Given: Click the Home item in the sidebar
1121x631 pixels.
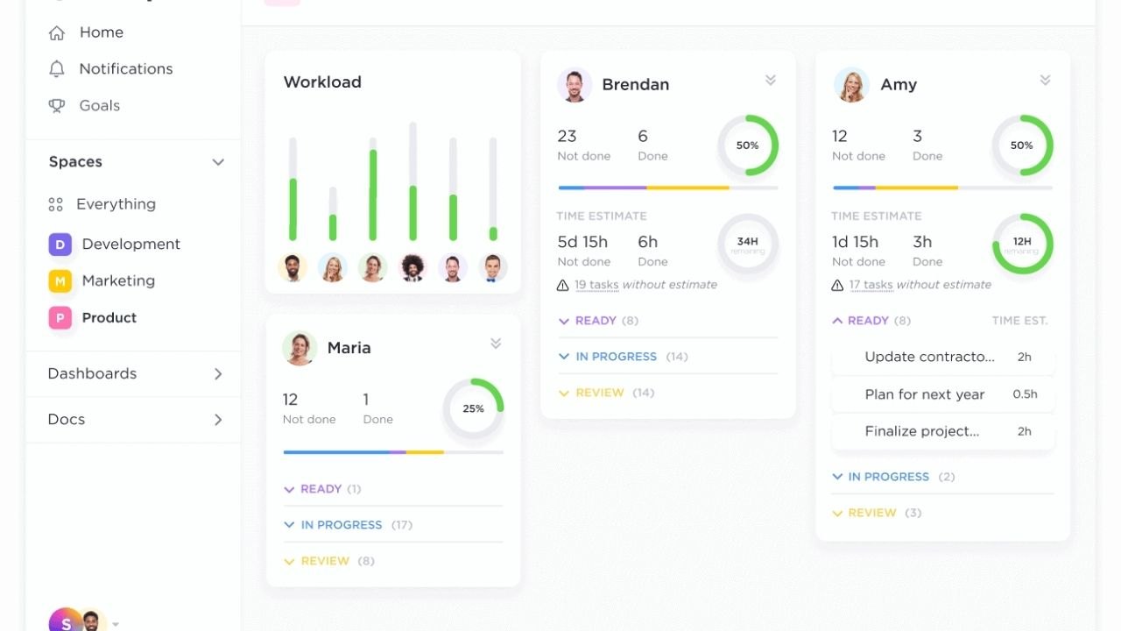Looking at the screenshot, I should (x=101, y=32).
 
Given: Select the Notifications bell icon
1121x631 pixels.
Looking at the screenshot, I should (x=57, y=69).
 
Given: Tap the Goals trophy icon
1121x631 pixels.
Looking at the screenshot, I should (x=57, y=106).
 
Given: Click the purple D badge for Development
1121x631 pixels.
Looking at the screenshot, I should (x=60, y=245).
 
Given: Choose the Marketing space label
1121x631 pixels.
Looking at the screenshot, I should (x=118, y=281).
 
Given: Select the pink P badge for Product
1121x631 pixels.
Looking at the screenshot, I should (x=60, y=318).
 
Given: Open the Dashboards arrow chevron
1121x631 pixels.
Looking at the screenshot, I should (x=218, y=374).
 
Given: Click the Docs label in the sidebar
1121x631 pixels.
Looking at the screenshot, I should (x=67, y=420).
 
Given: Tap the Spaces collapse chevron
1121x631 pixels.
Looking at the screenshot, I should (x=218, y=162).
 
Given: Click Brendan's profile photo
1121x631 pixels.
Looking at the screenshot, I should (x=575, y=85).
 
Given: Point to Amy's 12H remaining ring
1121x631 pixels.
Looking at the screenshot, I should (x=1022, y=245).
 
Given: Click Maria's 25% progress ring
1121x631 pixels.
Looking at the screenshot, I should (x=473, y=408).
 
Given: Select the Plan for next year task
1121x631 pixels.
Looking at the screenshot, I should (x=925, y=394).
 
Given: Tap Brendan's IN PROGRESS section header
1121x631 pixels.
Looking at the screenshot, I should (x=616, y=357).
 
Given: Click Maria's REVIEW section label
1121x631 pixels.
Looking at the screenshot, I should (x=325, y=561).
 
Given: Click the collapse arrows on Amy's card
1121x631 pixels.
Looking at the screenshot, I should (x=1045, y=80).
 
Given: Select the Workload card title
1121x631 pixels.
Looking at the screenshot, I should (x=322, y=82).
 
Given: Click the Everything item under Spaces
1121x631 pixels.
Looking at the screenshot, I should (x=116, y=204).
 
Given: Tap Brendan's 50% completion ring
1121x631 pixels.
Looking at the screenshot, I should (x=747, y=145).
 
